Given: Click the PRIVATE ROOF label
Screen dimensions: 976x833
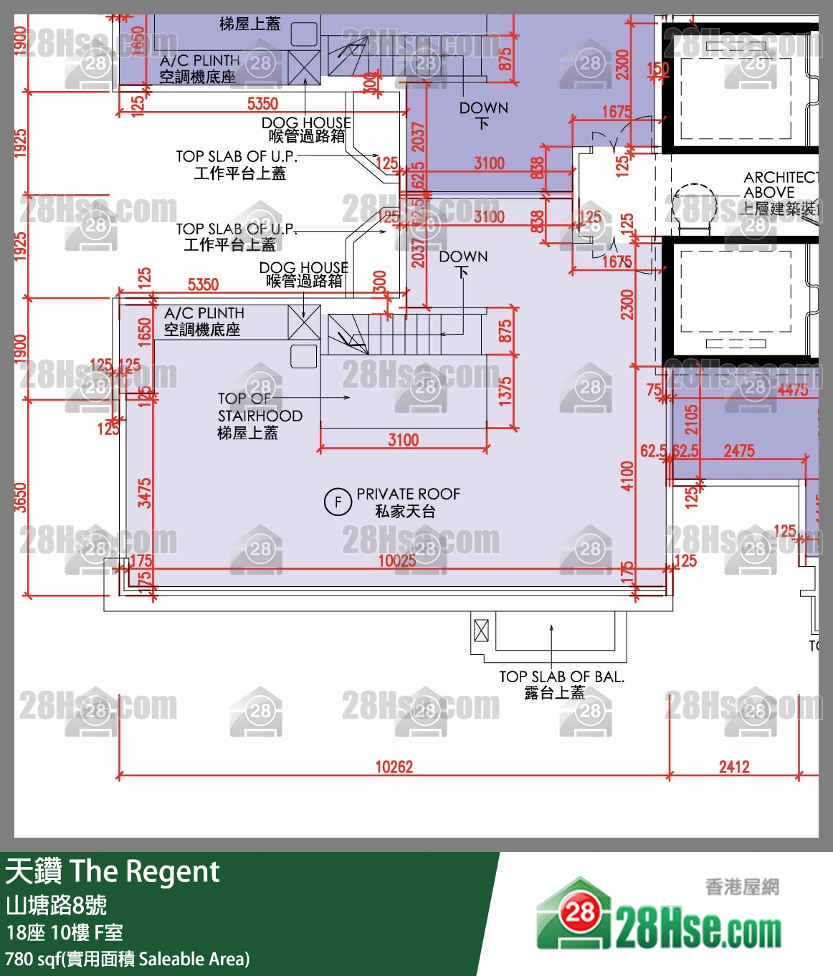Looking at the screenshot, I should tap(408, 502).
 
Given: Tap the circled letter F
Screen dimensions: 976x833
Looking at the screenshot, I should tap(338, 502).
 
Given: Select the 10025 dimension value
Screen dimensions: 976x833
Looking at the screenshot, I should tap(396, 560).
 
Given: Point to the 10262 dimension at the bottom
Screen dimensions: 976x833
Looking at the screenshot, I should tap(394, 767).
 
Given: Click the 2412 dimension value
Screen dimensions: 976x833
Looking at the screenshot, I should tap(734, 767).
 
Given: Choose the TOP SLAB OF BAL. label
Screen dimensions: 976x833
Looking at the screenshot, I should tap(561, 684).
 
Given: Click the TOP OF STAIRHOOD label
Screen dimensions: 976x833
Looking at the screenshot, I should tap(259, 416).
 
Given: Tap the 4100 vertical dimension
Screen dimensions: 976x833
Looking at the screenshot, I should tap(627, 476).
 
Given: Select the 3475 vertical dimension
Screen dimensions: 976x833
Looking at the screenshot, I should tap(145, 493).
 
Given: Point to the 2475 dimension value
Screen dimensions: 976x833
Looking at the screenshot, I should tap(738, 451).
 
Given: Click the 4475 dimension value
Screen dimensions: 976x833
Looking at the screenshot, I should tap(792, 390).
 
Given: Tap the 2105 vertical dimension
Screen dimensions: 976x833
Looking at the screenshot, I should tap(691, 420).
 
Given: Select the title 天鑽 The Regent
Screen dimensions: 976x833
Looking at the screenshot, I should tap(112, 871).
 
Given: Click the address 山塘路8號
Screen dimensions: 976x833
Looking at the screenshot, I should tap(56, 905).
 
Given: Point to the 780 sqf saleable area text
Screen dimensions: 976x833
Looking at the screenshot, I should tap(128, 959).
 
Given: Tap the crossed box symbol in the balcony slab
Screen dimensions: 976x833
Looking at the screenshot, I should tap(481, 631).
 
